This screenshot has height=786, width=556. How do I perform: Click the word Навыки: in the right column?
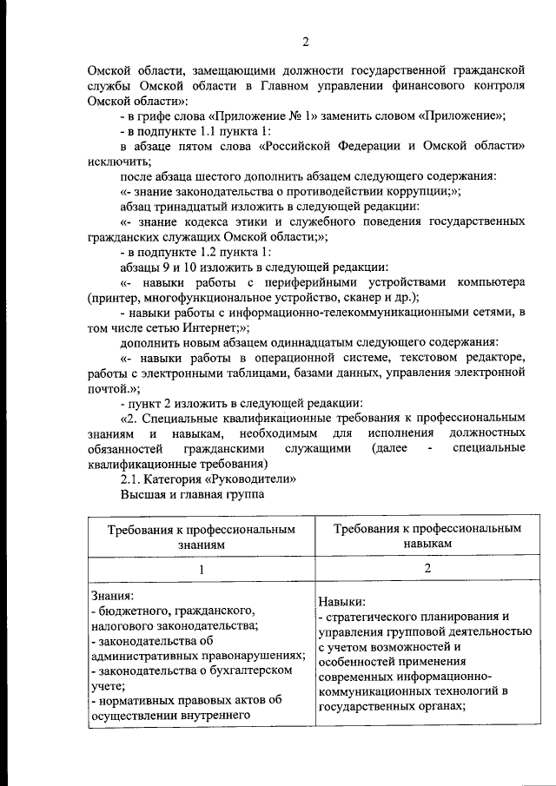(x=341, y=600)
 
